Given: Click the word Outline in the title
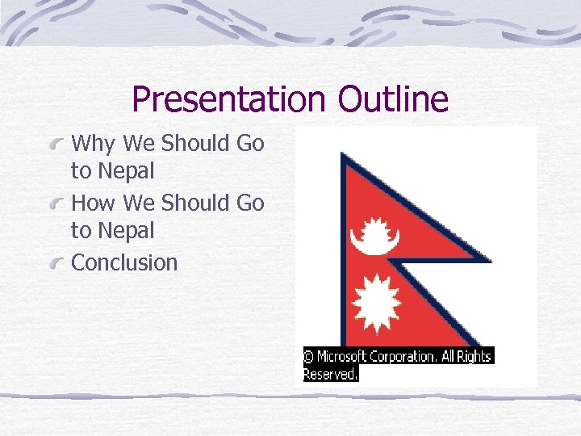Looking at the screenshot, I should [x=393, y=99].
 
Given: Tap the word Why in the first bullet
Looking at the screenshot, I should [x=94, y=144].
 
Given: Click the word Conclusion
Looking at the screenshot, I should [x=124, y=262].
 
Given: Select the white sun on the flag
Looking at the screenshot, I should [x=376, y=296].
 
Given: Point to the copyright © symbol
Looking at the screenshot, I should [x=309, y=356].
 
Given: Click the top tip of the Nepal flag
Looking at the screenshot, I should [x=343, y=153].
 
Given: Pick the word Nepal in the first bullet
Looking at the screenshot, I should [x=124, y=171].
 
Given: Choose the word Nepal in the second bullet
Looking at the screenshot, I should [x=124, y=231].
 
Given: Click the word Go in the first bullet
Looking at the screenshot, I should [x=250, y=144].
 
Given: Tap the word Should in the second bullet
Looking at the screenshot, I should [x=196, y=203].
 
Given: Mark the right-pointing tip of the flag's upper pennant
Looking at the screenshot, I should [x=489, y=260].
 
